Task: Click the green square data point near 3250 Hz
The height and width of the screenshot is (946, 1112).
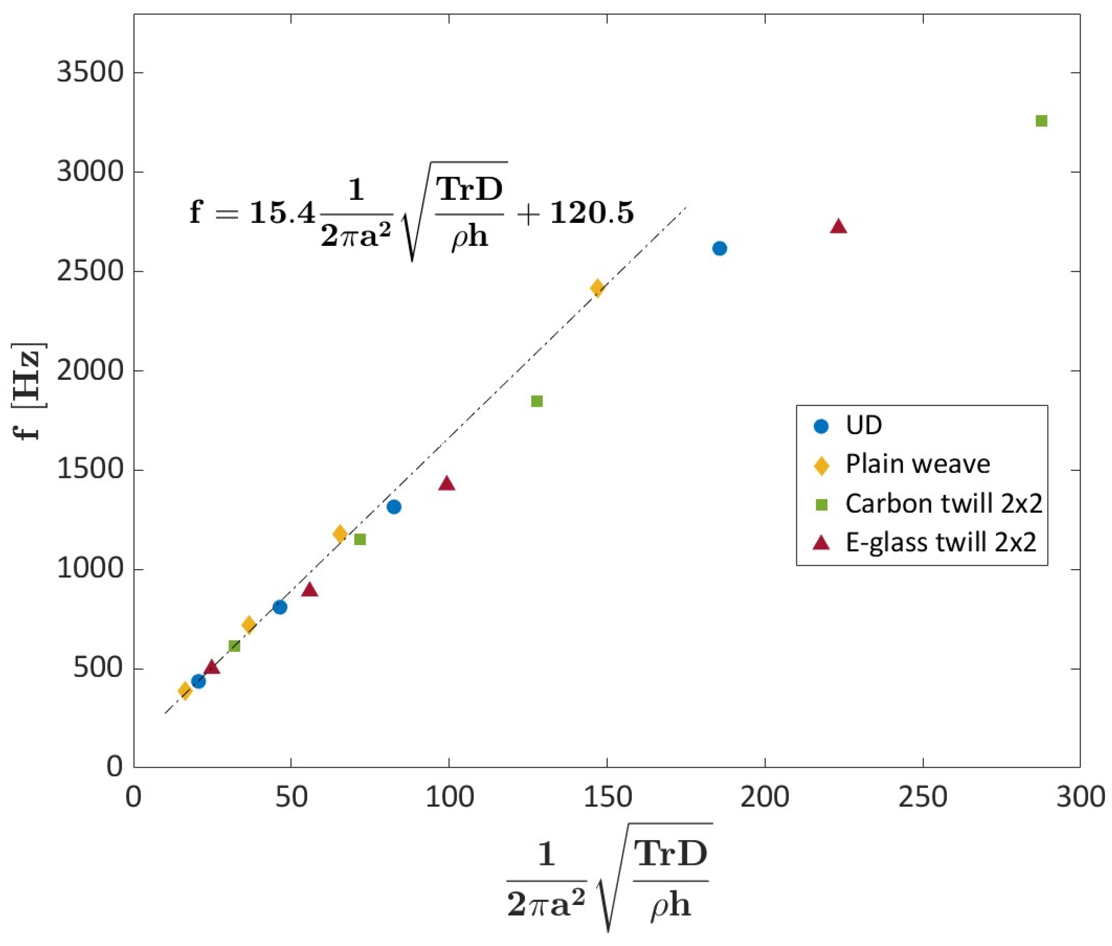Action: click(x=1041, y=121)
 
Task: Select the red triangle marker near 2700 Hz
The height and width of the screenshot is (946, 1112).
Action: click(x=838, y=227)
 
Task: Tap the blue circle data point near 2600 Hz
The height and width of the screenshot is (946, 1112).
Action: click(x=720, y=248)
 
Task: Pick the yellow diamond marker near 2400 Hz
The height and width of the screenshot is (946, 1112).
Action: click(x=597, y=288)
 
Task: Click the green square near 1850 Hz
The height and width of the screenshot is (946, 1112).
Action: click(x=537, y=401)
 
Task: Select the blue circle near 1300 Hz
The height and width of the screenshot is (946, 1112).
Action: click(x=394, y=507)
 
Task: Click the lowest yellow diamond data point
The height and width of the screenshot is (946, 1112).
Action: click(x=185, y=691)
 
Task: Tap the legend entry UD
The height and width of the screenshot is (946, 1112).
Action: click(x=864, y=425)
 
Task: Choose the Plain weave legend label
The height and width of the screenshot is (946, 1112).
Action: click(x=917, y=464)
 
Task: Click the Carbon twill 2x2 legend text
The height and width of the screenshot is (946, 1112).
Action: click(x=943, y=504)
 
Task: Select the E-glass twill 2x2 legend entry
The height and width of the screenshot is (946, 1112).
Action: click(x=940, y=542)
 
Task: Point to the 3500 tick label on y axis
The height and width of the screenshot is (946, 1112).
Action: click(x=90, y=72)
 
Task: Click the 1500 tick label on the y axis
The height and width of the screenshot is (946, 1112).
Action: click(x=90, y=470)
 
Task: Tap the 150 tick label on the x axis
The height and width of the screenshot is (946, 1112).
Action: click(x=607, y=797)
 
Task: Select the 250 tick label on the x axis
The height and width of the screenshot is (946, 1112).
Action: click(x=922, y=797)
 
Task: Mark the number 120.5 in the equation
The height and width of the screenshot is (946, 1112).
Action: click(x=592, y=213)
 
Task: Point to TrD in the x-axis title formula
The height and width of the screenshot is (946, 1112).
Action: click(x=671, y=853)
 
